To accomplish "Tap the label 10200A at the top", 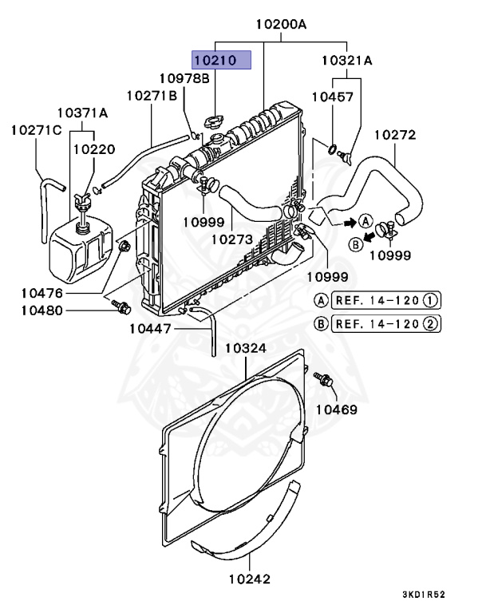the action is point(281,24).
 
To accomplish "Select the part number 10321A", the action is point(347,60).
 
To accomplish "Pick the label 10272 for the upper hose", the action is point(395,135).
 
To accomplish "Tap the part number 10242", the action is point(250,579).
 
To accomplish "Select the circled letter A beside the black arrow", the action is point(365,221).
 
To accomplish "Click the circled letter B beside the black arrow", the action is point(356,245).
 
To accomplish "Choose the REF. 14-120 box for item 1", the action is point(386,300).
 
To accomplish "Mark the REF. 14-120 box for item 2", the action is point(386,324).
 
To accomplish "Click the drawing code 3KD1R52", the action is point(424,595).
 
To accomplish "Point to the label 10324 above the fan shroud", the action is point(246,348).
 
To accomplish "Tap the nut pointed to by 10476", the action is point(124,247).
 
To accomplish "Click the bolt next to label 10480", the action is point(121,306).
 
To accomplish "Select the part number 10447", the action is point(150,329).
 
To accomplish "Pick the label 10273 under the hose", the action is point(232,239).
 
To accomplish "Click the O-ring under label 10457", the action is point(331,149).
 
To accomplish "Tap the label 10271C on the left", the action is point(37,130).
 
